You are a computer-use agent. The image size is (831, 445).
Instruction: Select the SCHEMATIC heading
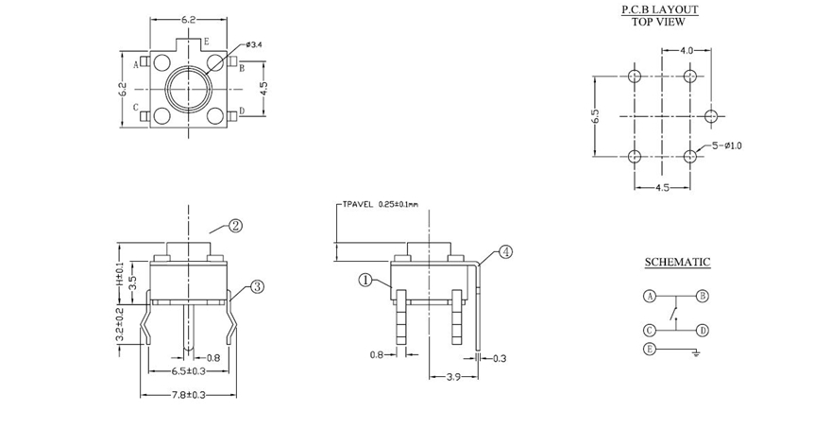click(677, 262)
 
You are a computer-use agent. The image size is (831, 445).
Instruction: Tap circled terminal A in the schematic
click(650, 296)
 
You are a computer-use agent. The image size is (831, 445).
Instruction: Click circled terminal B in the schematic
click(703, 296)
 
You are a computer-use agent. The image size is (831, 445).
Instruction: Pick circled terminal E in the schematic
click(650, 350)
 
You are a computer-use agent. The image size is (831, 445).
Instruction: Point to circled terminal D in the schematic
click(703, 331)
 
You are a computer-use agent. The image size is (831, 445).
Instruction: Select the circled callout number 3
click(257, 287)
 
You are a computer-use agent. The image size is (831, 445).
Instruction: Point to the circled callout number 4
click(507, 252)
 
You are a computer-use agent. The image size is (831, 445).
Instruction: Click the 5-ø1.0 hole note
click(727, 145)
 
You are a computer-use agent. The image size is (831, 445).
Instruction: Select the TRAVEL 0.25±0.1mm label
click(380, 203)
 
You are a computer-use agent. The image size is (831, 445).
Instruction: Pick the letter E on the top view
click(206, 43)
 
